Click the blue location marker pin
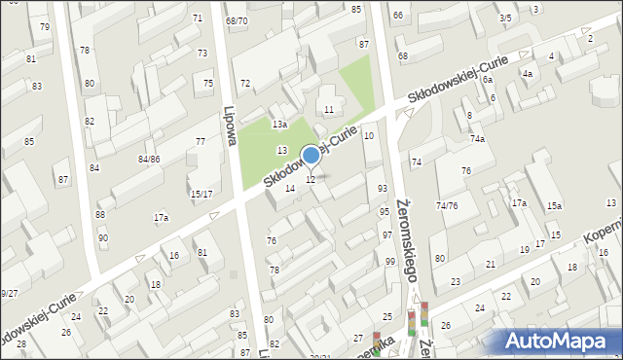pyautogui.click(x=311, y=155)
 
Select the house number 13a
pyautogui.click(x=280, y=125)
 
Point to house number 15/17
pyautogui.click(x=202, y=195)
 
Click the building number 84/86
pyautogui.click(x=149, y=159)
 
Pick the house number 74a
pyautogui.click(x=477, y=140)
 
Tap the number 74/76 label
pyautogui.click(x=447, y=206)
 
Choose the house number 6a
pyautogui.click(x=487, y=79)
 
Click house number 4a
pyautogui.click(x=527, y=74)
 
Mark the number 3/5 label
pyautogui.click(x=505, y=18)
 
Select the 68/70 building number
pyautogui.click(x=237, y=20)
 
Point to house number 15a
pyautogui.click(x=554, y=206)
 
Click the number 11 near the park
pyautogui.click(x=329, y=110)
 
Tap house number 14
pyautogui.click(x=289, y=189)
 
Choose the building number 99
pyautogui.click(x=390, y=262)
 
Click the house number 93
pyautogui.click(x=383, y=188)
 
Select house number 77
pyautogui.click(x=201, y=142)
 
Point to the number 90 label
pyautogui.click(x=103, y=238)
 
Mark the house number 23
pyautogui.click(x=456, y=282)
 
